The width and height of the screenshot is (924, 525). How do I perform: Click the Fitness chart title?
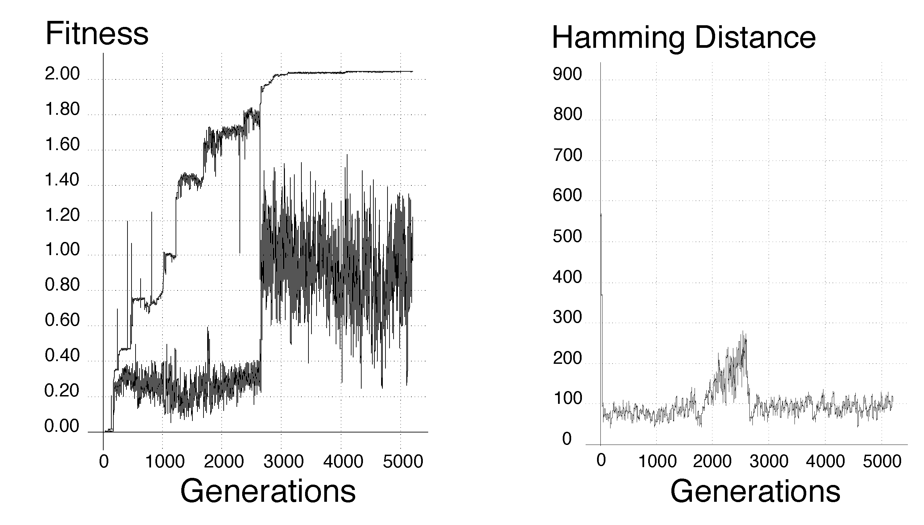click(97, 34)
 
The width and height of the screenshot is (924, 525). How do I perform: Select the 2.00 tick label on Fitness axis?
click(62, 74)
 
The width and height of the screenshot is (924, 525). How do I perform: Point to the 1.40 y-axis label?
click(62, 180)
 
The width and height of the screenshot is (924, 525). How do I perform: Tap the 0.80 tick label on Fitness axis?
click(62, 285)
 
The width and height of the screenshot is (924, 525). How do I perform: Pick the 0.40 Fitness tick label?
click(62, 355)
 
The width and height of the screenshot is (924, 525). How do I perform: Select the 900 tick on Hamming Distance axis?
click(567, 74)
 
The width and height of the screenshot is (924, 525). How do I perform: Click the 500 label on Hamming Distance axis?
click(567, 237)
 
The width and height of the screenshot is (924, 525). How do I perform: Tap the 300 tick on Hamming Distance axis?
click(567, 317)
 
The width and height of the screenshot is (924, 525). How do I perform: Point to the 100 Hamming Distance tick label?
click(567, 399)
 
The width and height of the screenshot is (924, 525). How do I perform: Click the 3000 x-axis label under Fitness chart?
click(283, 462)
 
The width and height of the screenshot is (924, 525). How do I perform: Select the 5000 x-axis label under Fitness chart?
click(403, 462)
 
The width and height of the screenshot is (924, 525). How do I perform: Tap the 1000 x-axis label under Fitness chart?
click(165, 462)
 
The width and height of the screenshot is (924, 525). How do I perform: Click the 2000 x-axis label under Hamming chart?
click(712, 461)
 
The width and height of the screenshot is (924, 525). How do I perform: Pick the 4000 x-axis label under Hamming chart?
click(825, 461)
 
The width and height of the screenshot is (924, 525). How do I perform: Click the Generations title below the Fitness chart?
click(268, 491)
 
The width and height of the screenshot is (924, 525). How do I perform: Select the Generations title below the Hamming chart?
click(755, 491)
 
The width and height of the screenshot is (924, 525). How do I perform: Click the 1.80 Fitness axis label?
click(62, 109)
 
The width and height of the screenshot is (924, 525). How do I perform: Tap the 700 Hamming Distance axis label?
click(567, 155)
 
